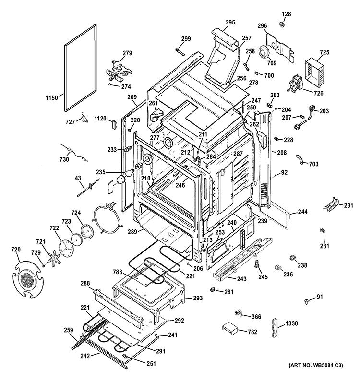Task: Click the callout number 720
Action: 16,250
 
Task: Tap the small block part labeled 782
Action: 229,331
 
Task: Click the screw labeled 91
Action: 305,300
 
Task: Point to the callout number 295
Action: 230,22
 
